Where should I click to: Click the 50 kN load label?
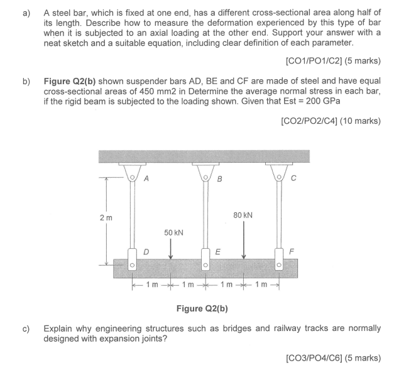[x=173, y=232]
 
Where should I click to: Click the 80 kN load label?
[x=243, y=214]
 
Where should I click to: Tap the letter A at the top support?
[x=146, y=178]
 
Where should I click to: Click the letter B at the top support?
[x=219, y=179]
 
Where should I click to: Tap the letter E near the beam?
[x=217, y=252]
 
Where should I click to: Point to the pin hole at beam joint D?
[x=132, y=266]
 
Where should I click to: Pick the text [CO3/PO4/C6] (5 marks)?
[x=332, y=357]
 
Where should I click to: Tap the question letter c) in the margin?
[x=28, y=328]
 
